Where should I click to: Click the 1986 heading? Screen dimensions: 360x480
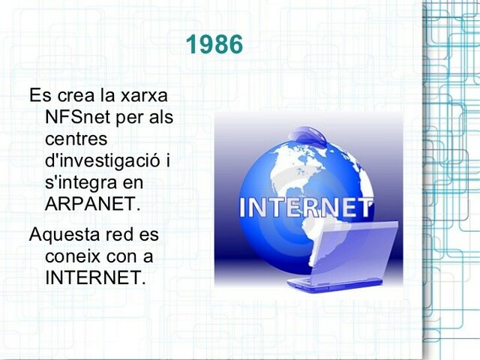pyautogui.click(x=214, y=45)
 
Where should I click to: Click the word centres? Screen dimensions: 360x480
pyautogui.click(x=76, y=139)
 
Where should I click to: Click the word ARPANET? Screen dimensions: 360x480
pyautogui.click(x=92, y=203)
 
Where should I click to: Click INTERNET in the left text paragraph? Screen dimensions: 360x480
pyautogui.click(x=94, y=277)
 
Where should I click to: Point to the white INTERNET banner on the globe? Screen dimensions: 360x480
pyautogui.click(x=305, y=206)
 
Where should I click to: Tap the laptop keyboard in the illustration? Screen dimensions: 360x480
pyautogui.click(x=322, y=282)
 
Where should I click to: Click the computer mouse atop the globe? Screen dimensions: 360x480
pyautogui.click(x=307, y=136)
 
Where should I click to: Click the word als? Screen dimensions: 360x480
pyautogui.click(x=160, y=118)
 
